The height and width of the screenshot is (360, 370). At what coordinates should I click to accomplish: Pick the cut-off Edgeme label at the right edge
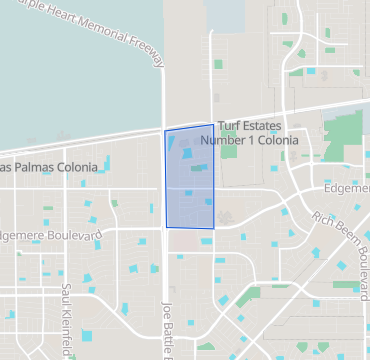(x=347, y=188)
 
